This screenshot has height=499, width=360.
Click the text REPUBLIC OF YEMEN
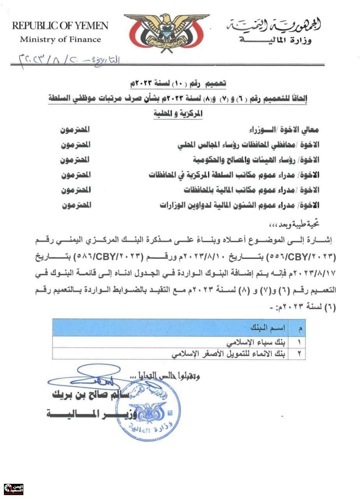click(60, 26)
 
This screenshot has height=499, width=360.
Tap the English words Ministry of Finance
click(60, 39)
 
